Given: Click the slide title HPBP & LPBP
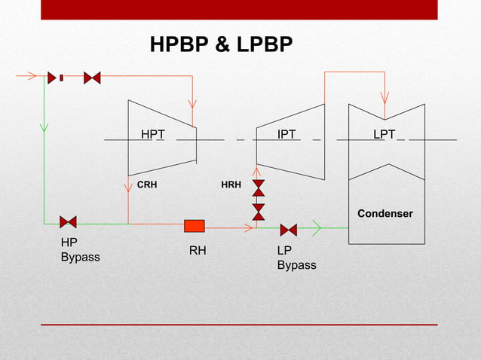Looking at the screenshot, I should pyautogui.click(x=221, y=45).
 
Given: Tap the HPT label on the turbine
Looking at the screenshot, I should pyautogui.click(x=153, y=134).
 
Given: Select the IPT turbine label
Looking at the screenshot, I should pyautogui.click(x=286, y=134).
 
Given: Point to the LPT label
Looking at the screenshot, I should pyautogui.click(x=384, y=134).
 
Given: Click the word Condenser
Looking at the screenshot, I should pyautogui.click(x=384, y=214).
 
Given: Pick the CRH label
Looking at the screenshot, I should pyautogui.click(x=147, y=184).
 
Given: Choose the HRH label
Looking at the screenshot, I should pyautogui.click(x=231, y=184).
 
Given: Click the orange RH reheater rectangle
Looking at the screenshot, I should pyautogui.click(x=195, y=226).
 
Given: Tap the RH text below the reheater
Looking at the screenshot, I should pyautogui.click(x=198, y=252).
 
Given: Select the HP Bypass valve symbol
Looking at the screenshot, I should pyautogui.click(x=68, y=222).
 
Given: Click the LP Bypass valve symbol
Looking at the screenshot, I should pyautogui.click(x=288, y=230).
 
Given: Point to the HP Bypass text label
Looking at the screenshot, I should pyautogui.click(x=80, y=250).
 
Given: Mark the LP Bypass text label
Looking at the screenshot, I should pyautogui.click(x=296, y=258).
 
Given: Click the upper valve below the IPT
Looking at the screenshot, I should pyautogui.click(x=259, y=188).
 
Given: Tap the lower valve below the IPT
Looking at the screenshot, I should pyautogui.click(x=259, y=212).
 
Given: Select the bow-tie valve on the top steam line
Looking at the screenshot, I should pyautogui.click(x=92, y=78).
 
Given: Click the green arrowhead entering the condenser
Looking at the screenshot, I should pyautogui.click(x=317, y=226).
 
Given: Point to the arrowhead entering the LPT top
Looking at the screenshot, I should pyautogui.click(x=384, y=99).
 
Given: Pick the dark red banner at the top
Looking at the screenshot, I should pyautogui.click(x=240, y=9).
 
